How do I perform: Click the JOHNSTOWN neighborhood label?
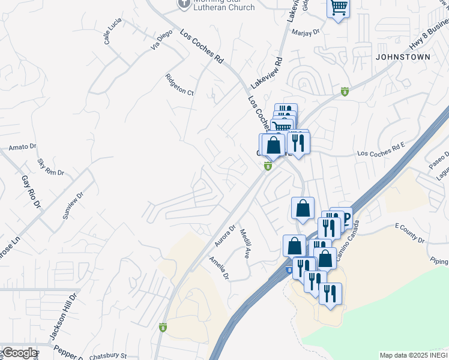point(403,57)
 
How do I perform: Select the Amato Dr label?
point(23,146)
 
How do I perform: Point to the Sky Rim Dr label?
point(50,167)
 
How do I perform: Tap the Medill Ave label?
point(244,243)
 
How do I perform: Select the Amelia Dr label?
point(218,268)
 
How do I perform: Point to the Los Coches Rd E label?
point(381,154)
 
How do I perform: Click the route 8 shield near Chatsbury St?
point(163,328)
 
